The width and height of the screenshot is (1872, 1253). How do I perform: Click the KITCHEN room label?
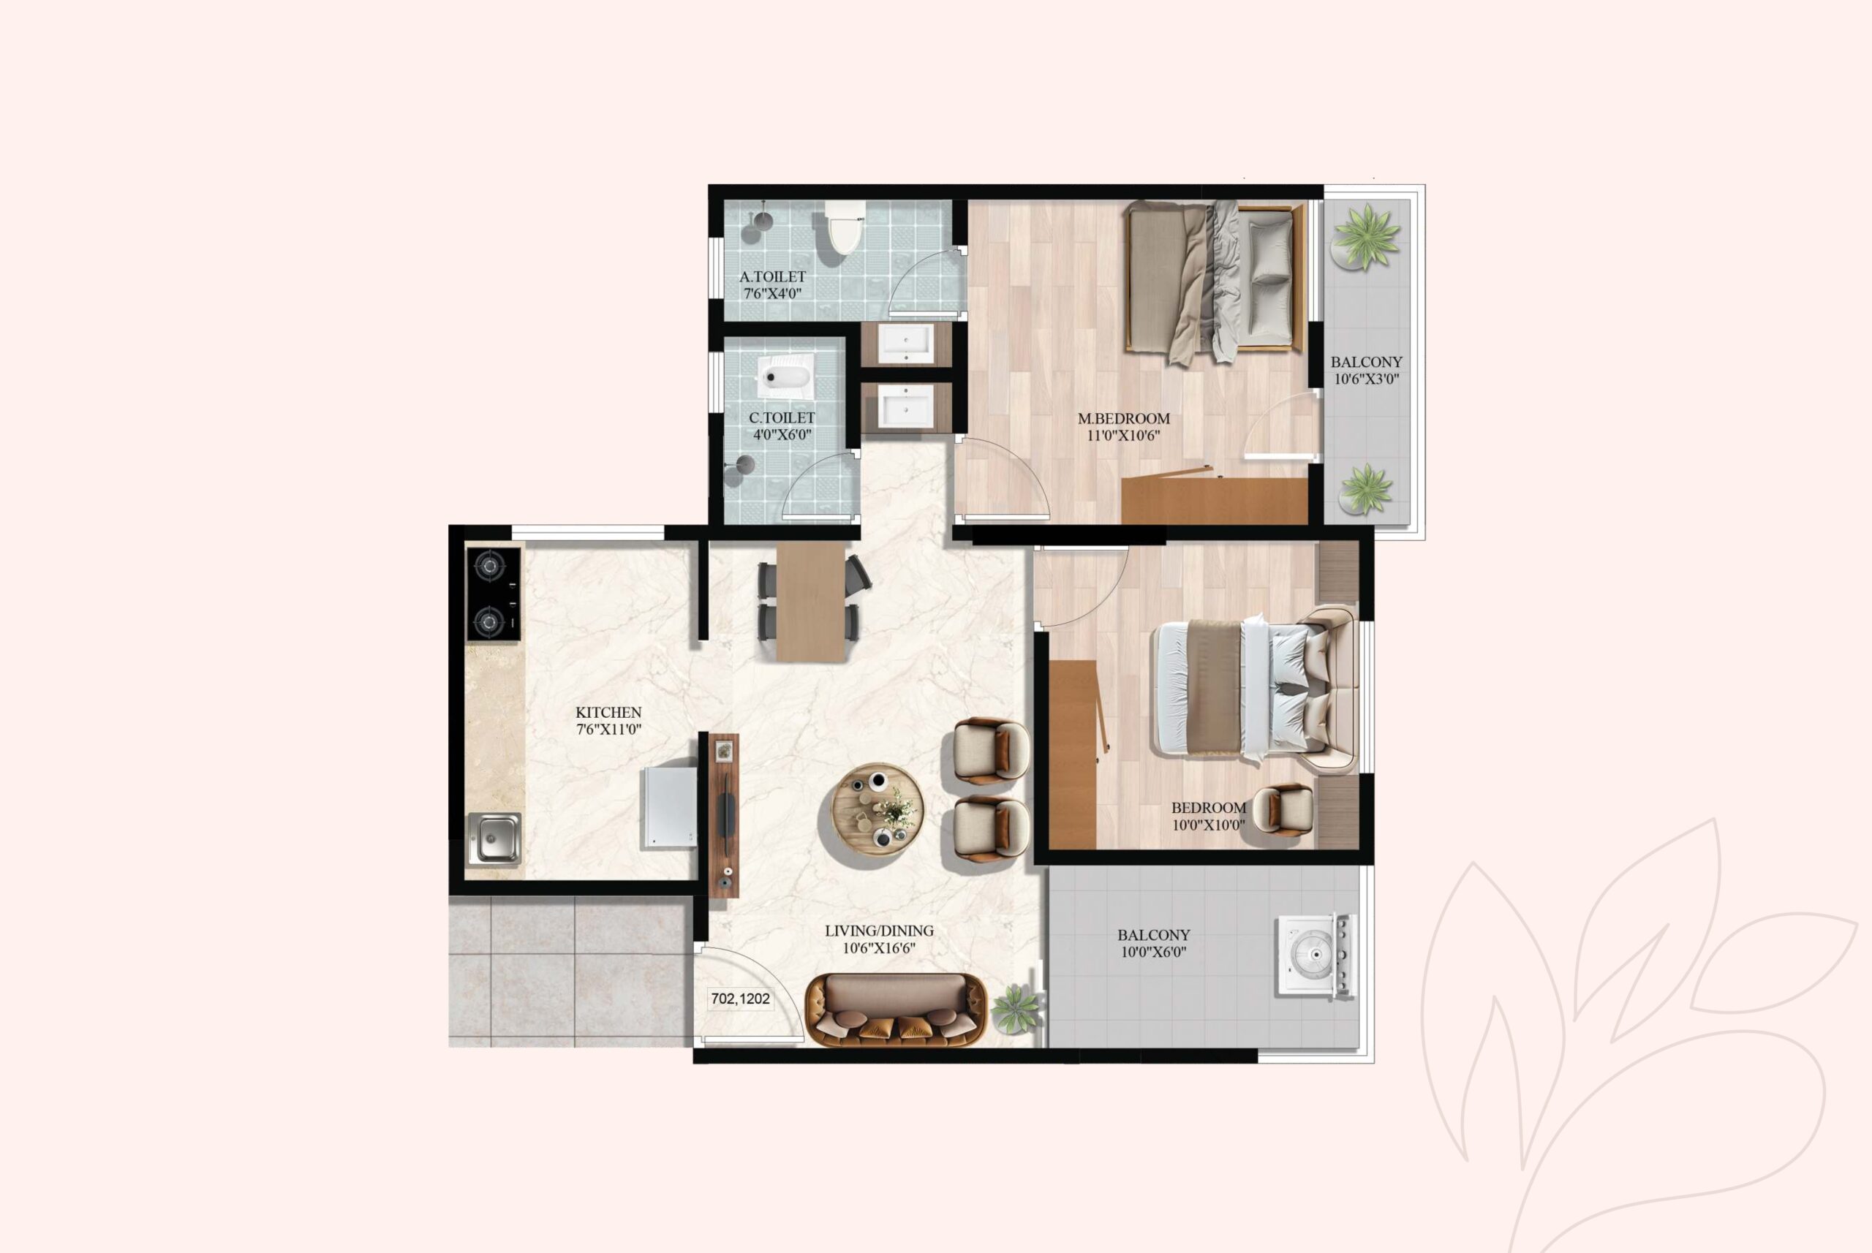(x=608, y=712)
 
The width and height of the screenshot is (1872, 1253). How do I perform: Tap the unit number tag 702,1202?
(x=740, y=999)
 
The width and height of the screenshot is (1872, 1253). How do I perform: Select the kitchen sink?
(x=494, y=839)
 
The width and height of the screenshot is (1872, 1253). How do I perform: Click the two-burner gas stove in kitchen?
(x=493, y=593)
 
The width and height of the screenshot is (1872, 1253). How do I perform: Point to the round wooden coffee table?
(x=877, y=809)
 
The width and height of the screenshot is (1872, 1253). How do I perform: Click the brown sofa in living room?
(x=895, y=1010)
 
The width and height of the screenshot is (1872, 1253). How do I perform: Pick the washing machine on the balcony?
(x=1314, y=955)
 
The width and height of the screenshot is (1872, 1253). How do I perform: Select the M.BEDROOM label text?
(x=1123, y=419)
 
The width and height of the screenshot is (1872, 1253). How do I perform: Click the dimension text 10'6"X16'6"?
(x=878, y=949)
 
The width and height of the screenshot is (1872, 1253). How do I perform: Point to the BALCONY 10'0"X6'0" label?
(x=1152, y=943)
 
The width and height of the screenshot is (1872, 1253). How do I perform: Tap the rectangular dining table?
(x=810, y=601)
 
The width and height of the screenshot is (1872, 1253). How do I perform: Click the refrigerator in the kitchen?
(x=670, y=807)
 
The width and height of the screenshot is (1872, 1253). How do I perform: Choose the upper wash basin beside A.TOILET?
(x=905, y=344)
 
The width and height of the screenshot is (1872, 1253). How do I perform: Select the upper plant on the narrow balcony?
(x=1367, y=237)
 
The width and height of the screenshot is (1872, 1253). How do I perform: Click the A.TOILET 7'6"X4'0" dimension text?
(x=772, y=293)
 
